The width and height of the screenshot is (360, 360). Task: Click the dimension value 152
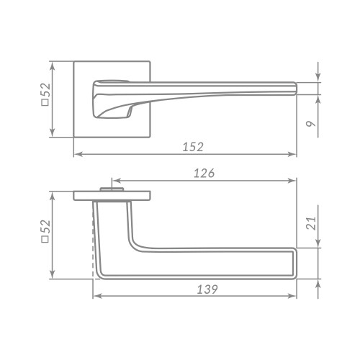tap(193, 147)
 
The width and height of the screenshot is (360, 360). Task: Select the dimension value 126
tap(204, 173)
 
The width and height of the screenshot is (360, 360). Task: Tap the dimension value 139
tap(207, 289)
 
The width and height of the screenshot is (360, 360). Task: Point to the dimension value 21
tap(311, 223)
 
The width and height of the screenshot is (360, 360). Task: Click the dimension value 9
tap(311, 124)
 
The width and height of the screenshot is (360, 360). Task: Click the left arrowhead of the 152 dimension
tap(78, 154)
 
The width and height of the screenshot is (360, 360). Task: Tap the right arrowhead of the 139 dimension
tap(292, 296)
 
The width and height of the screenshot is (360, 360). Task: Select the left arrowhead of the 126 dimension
tap(117, 181)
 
